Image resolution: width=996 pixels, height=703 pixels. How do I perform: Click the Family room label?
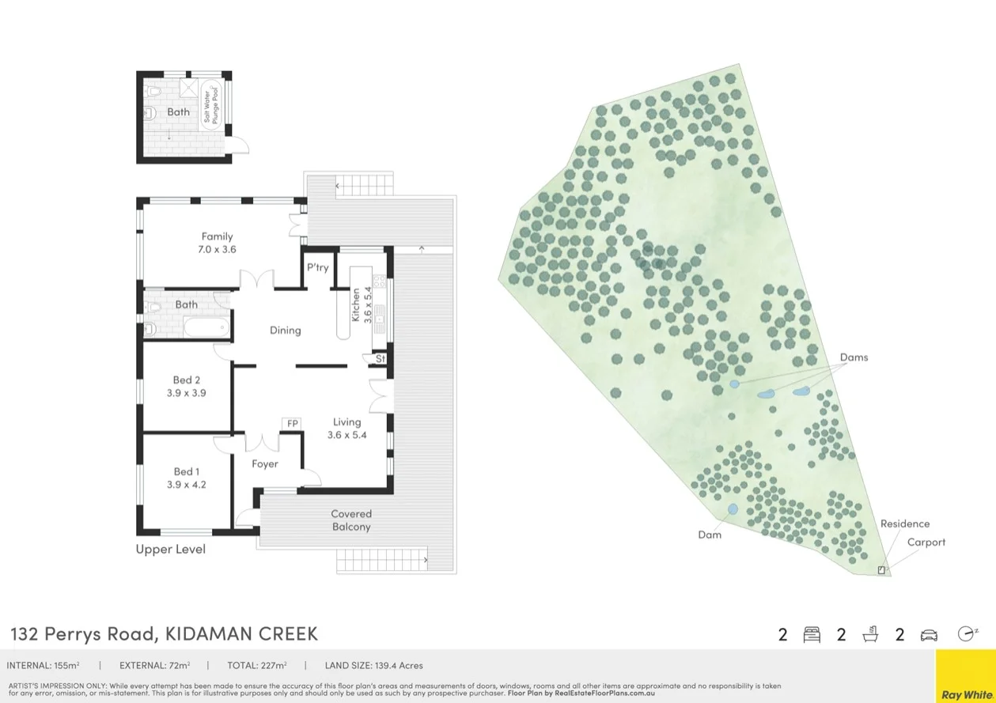(x=217, y=236)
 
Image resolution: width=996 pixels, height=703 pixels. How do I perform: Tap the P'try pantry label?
(x=318, y=267)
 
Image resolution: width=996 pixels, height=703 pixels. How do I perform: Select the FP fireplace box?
(x=292, y=424)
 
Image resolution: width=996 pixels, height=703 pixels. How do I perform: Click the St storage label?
(x=380, y=359)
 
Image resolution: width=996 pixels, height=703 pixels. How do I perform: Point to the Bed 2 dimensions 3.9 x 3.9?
(x=187, y=392)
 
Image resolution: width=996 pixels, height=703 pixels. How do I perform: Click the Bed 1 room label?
(x=187, y=472)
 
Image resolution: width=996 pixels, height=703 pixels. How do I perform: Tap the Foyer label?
(x=265, y=464)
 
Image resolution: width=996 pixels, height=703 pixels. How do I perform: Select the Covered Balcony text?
(x=351, y=520)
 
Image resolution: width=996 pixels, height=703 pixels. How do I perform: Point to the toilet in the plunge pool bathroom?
(x=149, y=112)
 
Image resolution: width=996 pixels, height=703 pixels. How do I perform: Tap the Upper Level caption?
(x=170, y=549)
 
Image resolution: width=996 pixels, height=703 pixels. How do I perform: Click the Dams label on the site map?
(x=854, y=357)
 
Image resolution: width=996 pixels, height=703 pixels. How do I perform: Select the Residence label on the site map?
(x=905, y=523)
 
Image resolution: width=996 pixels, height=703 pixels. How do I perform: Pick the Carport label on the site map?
(x=926, y=542)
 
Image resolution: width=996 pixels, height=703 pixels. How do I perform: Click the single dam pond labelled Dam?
(x=733, y=509)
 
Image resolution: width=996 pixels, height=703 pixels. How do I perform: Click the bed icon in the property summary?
(x=812, y=634)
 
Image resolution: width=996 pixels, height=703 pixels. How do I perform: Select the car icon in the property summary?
(x=929, y=634)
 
